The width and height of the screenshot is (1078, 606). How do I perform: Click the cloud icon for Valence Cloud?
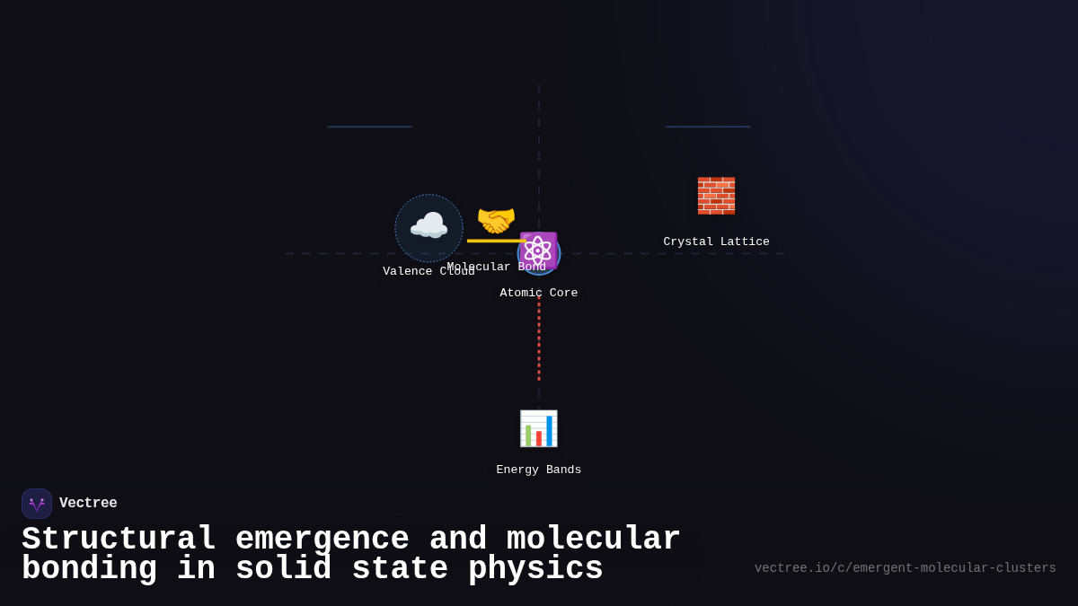[429, 227]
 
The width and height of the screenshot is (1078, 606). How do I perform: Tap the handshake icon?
[496, 221]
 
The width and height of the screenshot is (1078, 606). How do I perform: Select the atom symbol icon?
[538, 250]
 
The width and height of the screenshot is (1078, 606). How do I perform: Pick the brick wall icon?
[716, 196]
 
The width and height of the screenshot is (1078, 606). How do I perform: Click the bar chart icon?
[538, 428]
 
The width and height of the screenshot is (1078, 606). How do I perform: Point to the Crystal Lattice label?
[716, 242]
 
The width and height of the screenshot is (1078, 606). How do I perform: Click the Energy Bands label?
[538, 470]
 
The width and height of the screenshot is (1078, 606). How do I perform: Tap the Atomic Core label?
[538, 293]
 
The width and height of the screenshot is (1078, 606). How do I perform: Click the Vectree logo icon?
[37, 504]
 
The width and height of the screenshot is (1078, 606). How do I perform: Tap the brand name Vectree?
[88, 504]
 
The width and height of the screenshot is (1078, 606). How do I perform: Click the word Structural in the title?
[119, 540]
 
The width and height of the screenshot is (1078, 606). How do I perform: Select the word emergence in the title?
[322, 540]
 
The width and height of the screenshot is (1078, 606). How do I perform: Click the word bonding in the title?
[89, 569]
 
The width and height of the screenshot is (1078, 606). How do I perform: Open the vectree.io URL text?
[905, 568]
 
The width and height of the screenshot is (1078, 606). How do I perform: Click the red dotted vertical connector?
[539, 337]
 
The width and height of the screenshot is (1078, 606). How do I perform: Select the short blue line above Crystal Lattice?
[708, 127]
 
